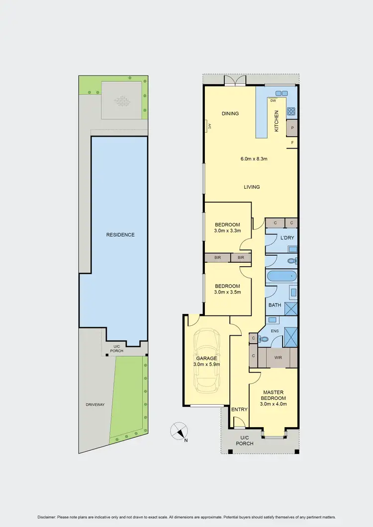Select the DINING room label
tap(230, 114)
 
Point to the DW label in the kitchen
tap(273, 101)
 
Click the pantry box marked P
tap(292, 127)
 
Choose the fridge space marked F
tap(292, 143)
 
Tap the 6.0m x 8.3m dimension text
tap(254, 159)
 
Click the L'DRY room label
tap(287, 238)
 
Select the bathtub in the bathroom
tap(281, 276)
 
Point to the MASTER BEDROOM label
tap(273, 395)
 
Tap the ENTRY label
tap(239, 409)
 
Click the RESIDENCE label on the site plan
tap(120, 234)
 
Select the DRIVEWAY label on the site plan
tap(94, 405)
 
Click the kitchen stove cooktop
tap(291, 111)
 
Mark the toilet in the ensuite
tap(264, 339)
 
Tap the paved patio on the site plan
tap(122, 100)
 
